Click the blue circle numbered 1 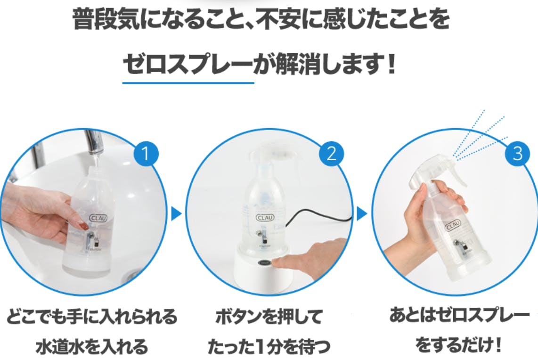click(146, 153)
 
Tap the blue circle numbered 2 click(331, 153)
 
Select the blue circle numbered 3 click(517, 153)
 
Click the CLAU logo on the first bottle click(98, 218)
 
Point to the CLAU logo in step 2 click(265, 218)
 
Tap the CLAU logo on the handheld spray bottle click(453, 226)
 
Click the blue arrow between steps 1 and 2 click(176, 214)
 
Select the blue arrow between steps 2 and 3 click(362, 214)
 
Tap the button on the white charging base click(265, 262)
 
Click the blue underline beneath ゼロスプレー click(188, 83)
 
